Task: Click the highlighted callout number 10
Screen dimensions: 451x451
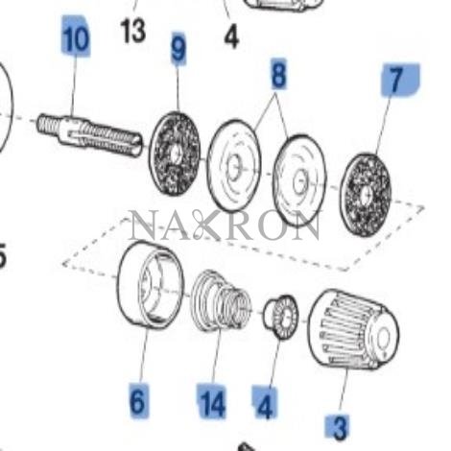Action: pyautogui.click(x=76, y=38)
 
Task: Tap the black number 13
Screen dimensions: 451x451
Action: pyautogui.click(x=133, y=32)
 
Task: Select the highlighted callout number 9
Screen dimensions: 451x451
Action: pyautogui.click(x=178, y=48)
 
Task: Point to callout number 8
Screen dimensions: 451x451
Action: pyautogui.click(x=278, y=75)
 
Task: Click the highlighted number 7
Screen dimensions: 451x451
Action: pyautogui.click(x=396, y=80)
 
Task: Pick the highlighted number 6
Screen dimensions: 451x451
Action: pyautogui.click(x=138, y=400)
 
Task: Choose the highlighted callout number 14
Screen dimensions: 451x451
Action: pyautogui.click(x=212, y=402)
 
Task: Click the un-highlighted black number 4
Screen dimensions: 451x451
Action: pyautogui.click(x=231, y=36)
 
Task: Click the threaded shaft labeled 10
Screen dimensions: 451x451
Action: pyautogui.click(x=89, y=134)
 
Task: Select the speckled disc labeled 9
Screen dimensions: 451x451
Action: pyautogui.click(x=175, y=154)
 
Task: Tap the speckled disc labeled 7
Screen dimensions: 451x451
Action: pyautogui.click(x=366, y=195)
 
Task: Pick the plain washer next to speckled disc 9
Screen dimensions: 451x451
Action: pyautogui.click(x=234, y=165)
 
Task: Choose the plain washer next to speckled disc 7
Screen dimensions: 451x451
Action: pyautogui.click(x=299, y=180)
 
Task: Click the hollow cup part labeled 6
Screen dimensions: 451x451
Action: pyautogui.click(x=151, y=285)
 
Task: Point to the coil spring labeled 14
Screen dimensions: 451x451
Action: pyautogui.click(x=221, y=299)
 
